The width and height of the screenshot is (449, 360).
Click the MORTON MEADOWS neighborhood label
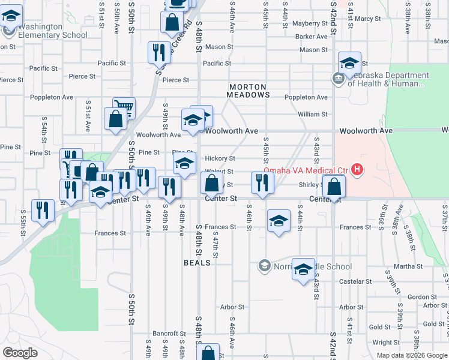[x=252, y=91]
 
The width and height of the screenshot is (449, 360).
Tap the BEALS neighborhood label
[x=197, y=263]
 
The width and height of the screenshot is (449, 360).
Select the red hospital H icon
[x=358, y=170]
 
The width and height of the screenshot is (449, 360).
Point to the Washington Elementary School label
[x=40, y=31]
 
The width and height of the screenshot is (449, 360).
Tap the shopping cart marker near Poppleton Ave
[x=124, y=109]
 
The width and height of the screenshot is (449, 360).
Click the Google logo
[x=20, y=353]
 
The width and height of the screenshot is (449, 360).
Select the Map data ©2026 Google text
[x=411, y=355]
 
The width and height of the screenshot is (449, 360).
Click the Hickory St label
[x=220, y=158]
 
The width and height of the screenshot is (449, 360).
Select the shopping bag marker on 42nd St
[x=333, y=186]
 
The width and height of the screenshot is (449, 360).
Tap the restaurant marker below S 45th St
[x=262, y=182]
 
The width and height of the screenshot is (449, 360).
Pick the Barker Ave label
[x=310, y=37]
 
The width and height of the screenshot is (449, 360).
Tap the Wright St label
[x=382, y=343]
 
